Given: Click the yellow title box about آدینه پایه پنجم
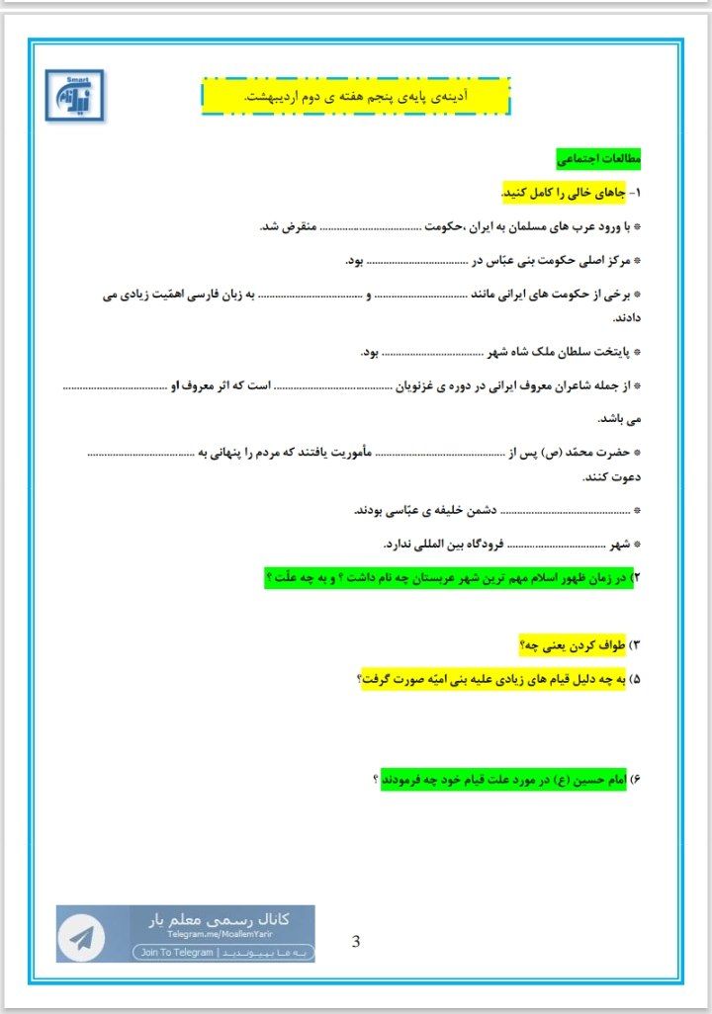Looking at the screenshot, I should [x=356, y=96].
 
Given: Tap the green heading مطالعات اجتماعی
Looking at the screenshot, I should [x=599, y=158].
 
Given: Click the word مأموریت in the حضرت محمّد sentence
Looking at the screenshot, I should [x=346, y=452].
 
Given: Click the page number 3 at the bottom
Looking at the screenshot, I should [x=356, y=941].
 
